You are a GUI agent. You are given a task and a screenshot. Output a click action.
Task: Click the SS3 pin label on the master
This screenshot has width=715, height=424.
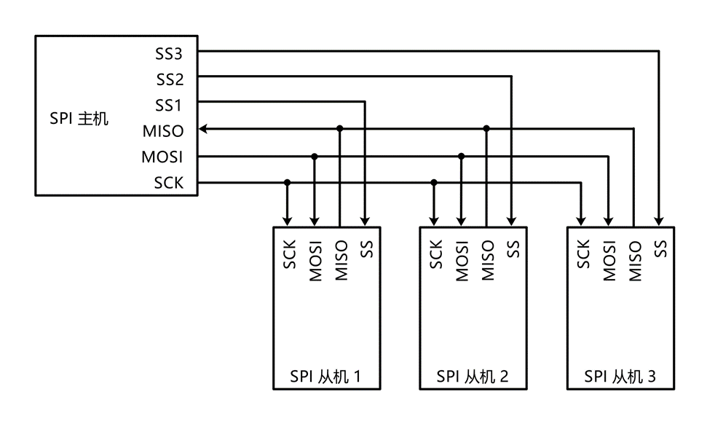[x=168, y=52]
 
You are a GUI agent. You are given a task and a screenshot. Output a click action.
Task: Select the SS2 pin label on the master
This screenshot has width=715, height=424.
[x=168, y=79]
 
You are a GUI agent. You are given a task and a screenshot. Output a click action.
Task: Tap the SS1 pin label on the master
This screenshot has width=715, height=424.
[x=168, y=105]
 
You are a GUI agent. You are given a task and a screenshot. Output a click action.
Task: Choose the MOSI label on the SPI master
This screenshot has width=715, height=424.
[x=162, y=157]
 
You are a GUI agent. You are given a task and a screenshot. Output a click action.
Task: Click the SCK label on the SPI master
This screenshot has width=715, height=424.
[x=168, y=184]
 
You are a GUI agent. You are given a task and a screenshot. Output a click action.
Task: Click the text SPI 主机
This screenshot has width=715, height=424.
[x=79, y=117]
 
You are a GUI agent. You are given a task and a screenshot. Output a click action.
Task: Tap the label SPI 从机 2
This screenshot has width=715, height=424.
[x=473, y=377]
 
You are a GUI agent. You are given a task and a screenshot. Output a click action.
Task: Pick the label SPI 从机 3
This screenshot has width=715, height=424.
[x=620, y=377]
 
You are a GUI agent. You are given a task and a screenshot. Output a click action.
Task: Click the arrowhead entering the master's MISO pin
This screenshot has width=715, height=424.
[x=204, y=129]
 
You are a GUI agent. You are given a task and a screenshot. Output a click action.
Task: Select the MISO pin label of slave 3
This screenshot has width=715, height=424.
[x=634, y=260]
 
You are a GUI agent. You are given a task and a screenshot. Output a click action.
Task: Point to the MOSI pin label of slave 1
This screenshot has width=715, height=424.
[x=315, y=260]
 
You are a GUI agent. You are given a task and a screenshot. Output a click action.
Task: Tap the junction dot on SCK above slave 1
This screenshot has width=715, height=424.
[x=288, y=182]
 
